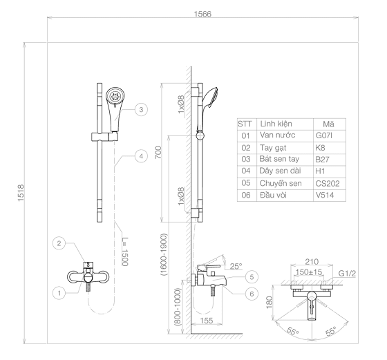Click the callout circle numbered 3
pos(141,109)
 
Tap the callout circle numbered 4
pos(141,156)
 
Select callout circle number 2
pos(59,243)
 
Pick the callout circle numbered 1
pos(59,293)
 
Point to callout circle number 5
pos(252,276)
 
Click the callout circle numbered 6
pos(252,294)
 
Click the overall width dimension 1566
pos(202,14)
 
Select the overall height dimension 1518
pos(21,193)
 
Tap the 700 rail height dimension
pos(158,152)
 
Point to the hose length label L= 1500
pos(125,252)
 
